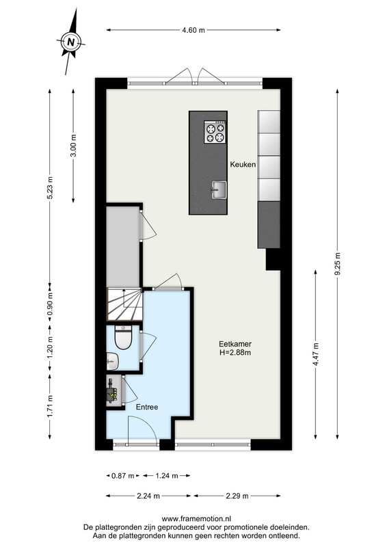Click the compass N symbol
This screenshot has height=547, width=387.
pos(71,42)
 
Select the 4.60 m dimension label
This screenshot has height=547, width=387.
pos(193,30)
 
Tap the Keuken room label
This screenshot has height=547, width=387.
pos(243,164)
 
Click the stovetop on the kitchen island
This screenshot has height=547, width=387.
pos(215,132)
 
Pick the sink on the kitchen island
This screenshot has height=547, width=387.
pos(218,190)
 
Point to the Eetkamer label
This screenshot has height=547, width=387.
pos(235,344)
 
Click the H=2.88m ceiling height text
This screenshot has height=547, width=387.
pos(235,352)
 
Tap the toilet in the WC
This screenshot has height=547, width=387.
pos(123,337)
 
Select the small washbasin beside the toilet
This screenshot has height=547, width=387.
pos(112,361)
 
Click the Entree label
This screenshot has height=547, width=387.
pos(147,407)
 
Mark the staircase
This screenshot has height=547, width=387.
pos(124,304)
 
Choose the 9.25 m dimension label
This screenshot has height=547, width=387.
pos(338,263)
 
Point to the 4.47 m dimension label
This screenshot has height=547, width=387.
pos(316,354)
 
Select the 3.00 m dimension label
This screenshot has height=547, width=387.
pos(73,146)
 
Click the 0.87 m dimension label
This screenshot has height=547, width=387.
pos(123,475)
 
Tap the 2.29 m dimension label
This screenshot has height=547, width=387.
pos(237,496)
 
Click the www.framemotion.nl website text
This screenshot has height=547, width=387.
pos(196,519)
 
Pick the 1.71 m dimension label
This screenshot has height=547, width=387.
pos(50,406)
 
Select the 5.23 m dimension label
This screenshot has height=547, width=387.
pos(50,187)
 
